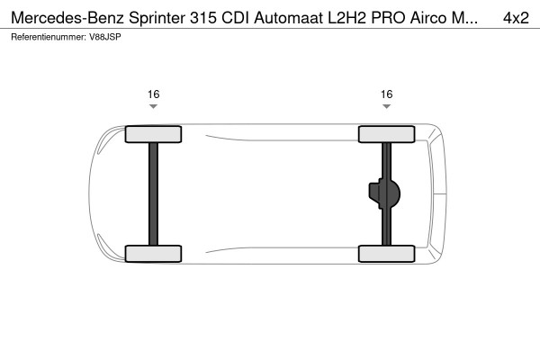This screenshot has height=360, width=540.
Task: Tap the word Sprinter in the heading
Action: point(157,18)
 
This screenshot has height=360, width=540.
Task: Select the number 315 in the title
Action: point(203,18)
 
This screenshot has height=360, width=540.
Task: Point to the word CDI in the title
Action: point(235,18)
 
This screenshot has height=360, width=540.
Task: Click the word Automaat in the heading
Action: point(289,18)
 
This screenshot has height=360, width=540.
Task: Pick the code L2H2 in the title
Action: point(346,18)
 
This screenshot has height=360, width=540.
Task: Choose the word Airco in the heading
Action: point(428,18)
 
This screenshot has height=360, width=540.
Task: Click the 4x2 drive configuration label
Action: point(516,18)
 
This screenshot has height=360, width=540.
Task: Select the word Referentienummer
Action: point(49,37)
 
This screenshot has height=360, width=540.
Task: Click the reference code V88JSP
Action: point(105,37)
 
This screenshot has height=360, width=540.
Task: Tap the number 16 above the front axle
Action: point(154,94)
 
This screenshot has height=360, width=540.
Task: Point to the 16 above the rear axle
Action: point(387,94)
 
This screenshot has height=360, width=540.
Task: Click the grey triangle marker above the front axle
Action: point(154,106)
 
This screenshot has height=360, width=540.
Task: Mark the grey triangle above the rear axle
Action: point(387,106)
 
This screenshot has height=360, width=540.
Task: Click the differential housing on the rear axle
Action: point(384,193)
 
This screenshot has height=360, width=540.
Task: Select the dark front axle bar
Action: point(154,194)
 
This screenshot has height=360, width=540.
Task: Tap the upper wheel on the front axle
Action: point(153,134)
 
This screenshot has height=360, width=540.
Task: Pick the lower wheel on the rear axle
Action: point(387,254)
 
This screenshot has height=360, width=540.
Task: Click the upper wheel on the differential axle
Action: point(387,134)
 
